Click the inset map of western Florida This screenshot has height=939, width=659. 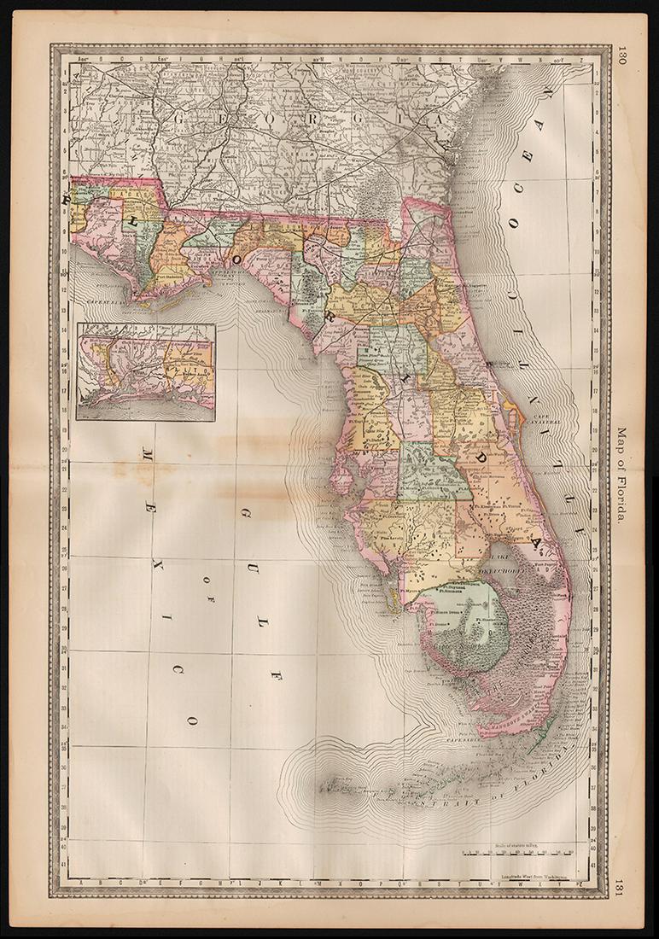coord(145,371)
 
